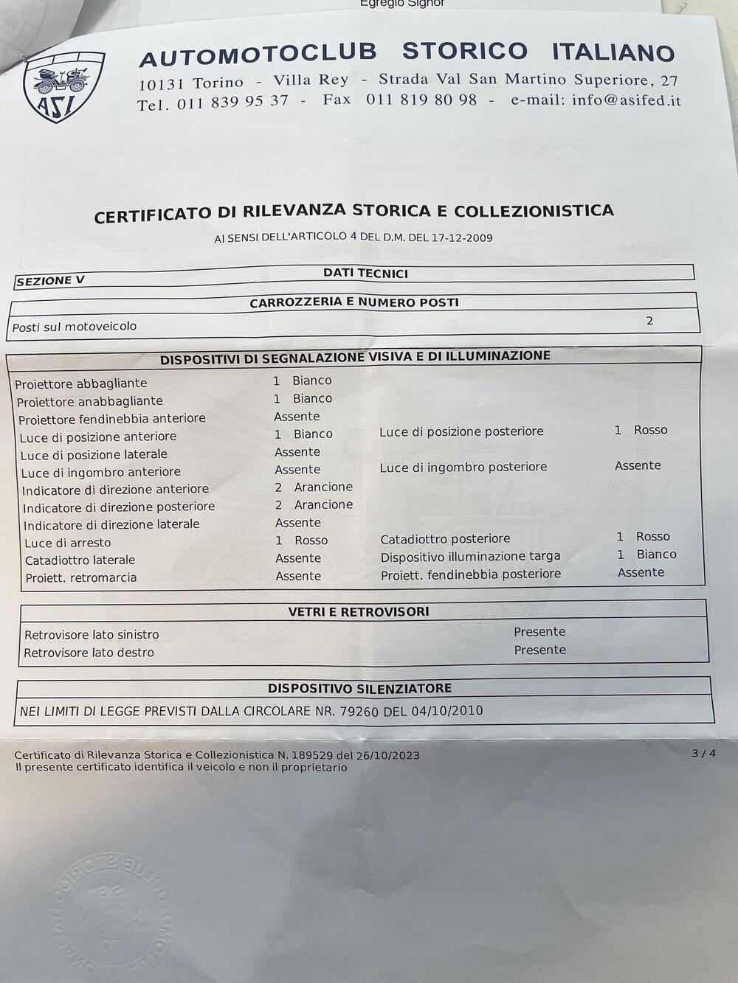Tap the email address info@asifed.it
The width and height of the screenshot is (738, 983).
point(626,100)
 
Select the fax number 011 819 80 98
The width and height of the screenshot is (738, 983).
point(421,100)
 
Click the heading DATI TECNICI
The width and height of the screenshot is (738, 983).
point(365,273)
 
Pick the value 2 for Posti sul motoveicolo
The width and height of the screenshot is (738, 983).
point(649,321)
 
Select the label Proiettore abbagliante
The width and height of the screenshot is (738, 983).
point(81,383)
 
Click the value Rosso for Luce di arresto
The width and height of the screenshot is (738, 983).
point(311,541)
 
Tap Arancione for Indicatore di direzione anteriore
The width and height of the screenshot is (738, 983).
point(323,487)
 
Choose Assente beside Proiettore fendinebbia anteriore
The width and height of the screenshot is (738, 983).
point(297,417)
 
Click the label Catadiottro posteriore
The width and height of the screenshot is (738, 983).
point(445,539)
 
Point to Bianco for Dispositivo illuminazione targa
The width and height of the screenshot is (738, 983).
point(656,555)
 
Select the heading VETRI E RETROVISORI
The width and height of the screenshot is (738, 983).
point(359,611)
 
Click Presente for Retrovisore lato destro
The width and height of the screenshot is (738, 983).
point(540,650)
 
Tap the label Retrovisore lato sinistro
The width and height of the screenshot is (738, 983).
point(92,635)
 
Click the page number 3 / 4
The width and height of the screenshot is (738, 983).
point(703,753)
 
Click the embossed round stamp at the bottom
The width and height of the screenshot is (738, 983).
point(111,907)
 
